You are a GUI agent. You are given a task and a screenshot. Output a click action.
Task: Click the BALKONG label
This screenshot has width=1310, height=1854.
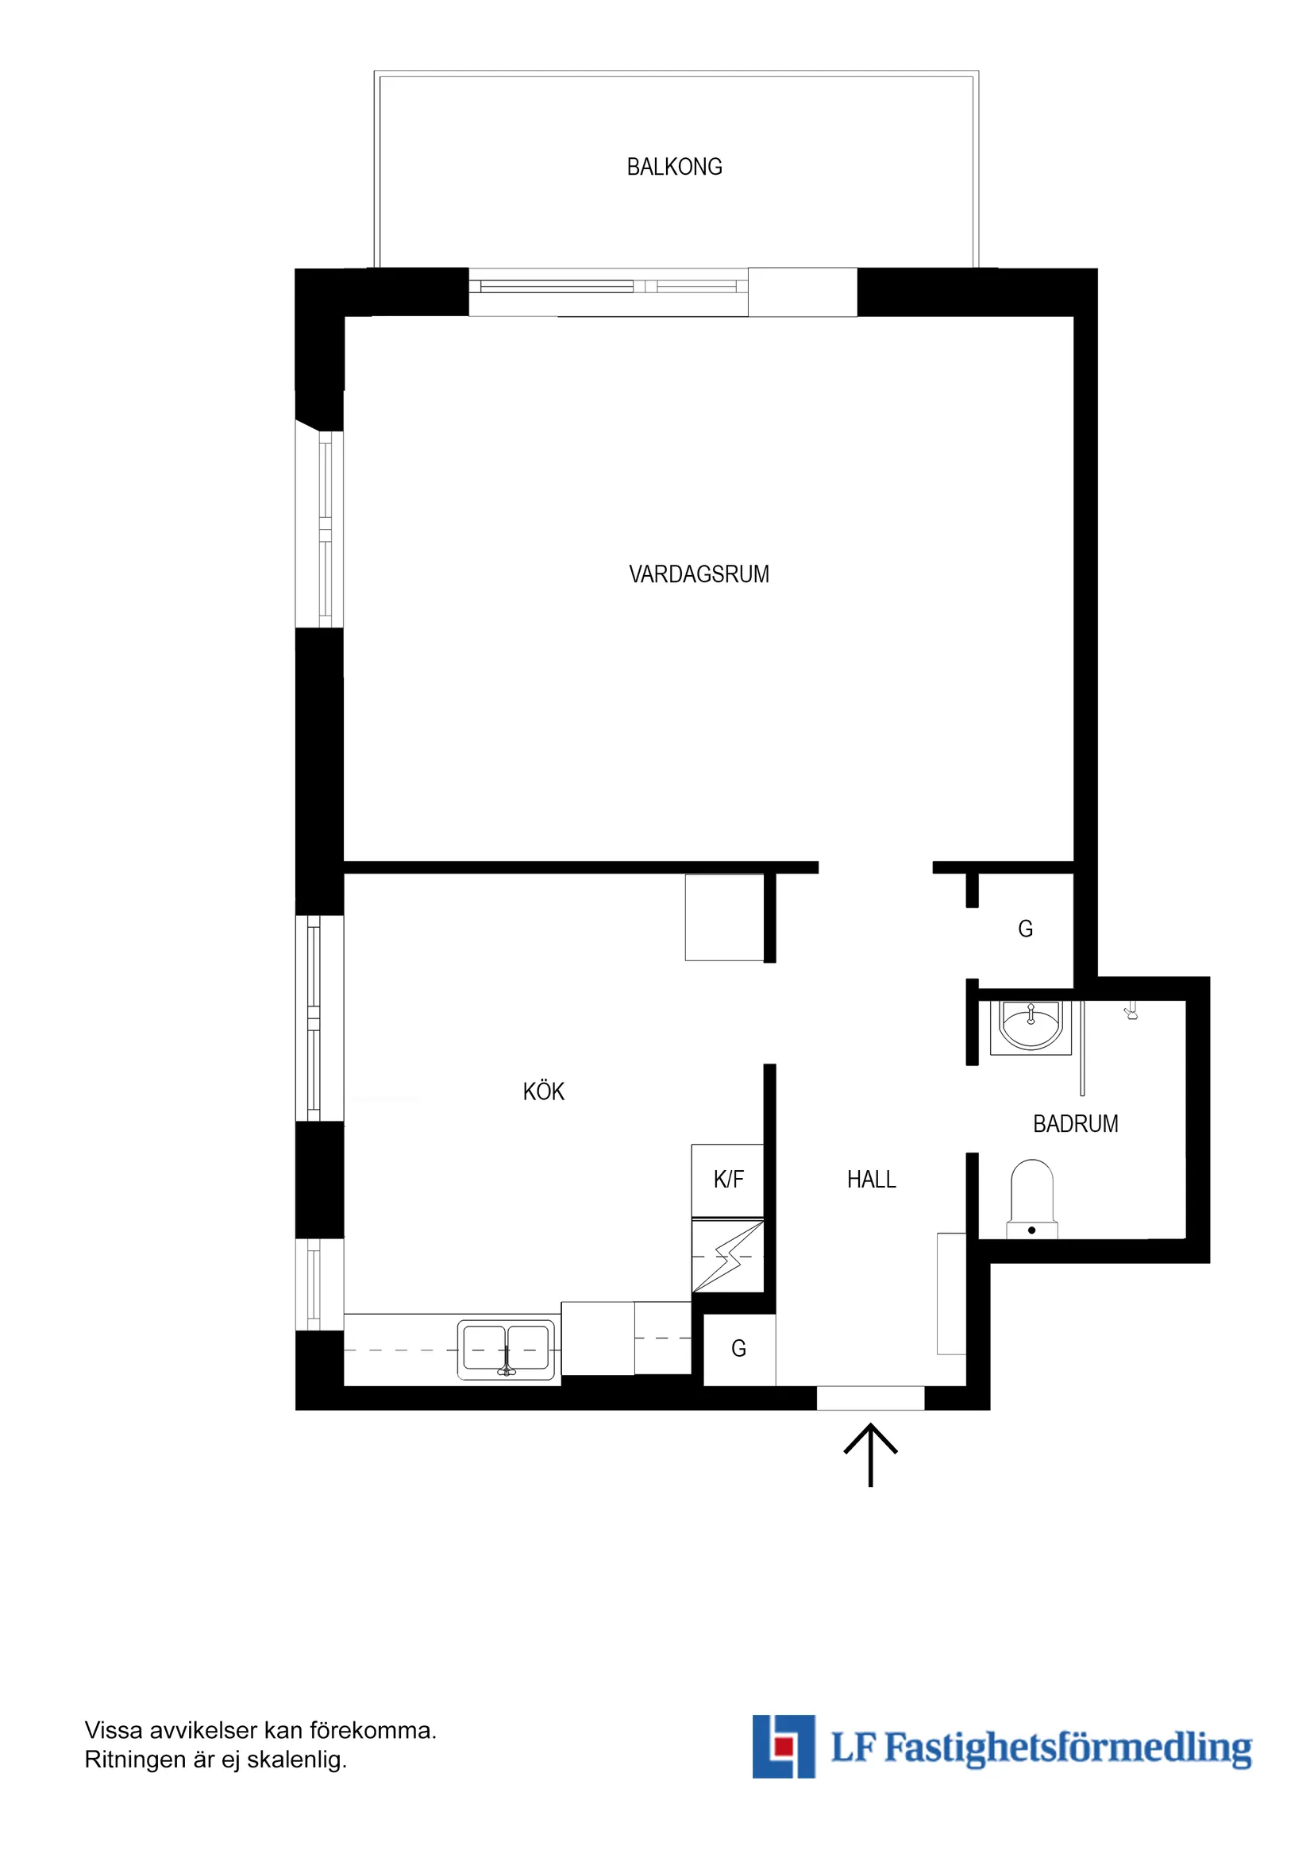click(x=674, y=167)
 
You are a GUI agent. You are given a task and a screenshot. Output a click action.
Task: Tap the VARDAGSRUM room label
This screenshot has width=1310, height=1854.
click(x=699, y=574)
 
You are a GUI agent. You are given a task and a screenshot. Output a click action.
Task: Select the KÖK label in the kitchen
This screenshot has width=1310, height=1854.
click(x=543, y=1091)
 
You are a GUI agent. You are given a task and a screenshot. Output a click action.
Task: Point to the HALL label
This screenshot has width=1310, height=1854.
click(x=871, y=1180)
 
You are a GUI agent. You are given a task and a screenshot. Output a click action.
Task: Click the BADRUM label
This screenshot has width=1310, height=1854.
click(x=1075, y=1124)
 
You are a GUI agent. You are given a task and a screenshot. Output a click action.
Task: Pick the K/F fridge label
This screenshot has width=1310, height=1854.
click(x=728, y=1180)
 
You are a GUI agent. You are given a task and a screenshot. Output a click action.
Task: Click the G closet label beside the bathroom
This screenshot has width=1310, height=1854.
click(x=1025, y=929)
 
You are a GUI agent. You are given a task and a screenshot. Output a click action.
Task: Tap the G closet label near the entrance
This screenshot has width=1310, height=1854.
click(x=738, y=1349)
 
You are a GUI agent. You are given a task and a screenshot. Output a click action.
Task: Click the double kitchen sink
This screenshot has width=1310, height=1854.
click(x=506, y=1350)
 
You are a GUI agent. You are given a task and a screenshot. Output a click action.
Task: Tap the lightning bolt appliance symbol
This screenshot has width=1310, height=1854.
click(x=728, y=1257)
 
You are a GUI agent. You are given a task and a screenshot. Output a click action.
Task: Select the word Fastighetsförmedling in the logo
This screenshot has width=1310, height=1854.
click(x=1068, y=1749)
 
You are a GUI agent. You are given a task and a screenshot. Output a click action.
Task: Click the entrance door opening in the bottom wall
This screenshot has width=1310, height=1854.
click(x=870, y=1398)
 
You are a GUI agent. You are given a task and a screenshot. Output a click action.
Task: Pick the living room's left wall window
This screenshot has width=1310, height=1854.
click(x=321, y=529)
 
